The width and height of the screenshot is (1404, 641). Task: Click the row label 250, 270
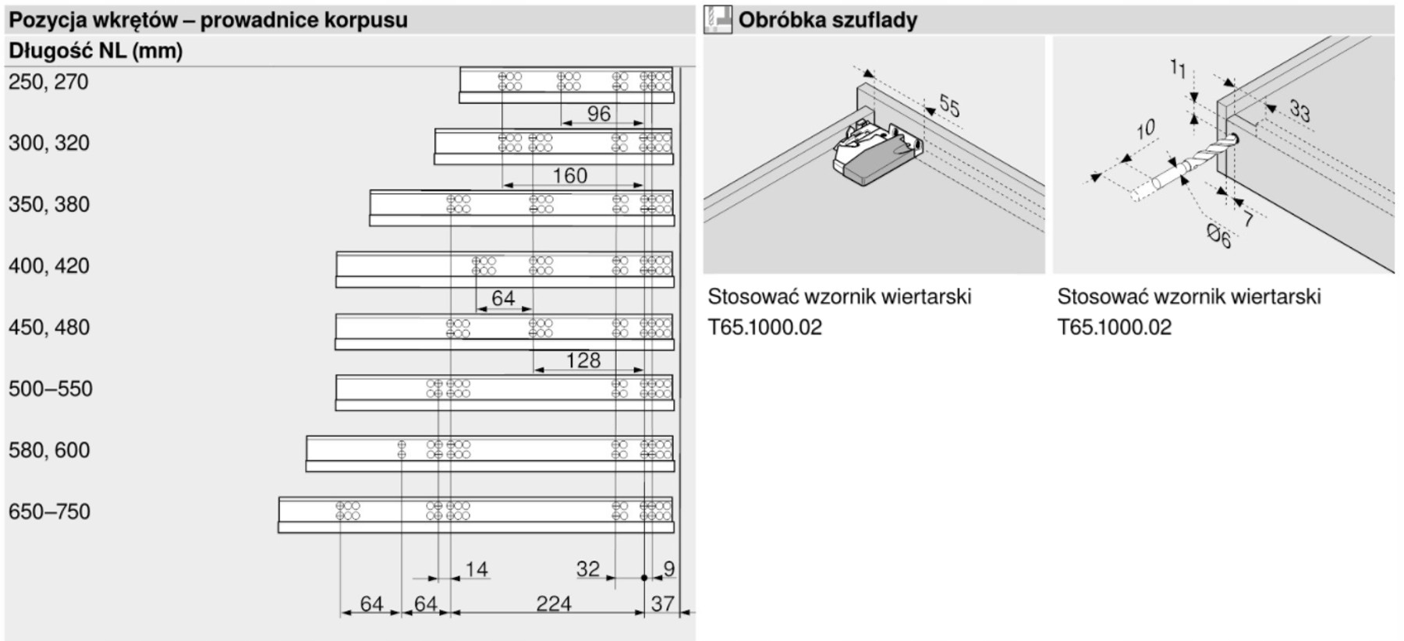[48, 82]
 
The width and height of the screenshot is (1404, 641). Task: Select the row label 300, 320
[49, 143]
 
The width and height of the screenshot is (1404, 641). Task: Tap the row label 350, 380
[49, 204]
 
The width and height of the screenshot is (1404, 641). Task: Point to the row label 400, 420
[49, 266]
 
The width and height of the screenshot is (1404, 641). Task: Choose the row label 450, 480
[49, 327]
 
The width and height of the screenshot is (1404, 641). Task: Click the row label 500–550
[51, 388]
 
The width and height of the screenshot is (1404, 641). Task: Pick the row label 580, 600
[49, 450]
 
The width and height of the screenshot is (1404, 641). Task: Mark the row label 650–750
[50, 512]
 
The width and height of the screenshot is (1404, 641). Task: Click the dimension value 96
[598, 114]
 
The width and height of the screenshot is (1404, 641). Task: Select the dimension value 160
[569, 175]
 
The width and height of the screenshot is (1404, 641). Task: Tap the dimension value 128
[583, 360]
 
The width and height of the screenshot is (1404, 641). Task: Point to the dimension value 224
[553, 604]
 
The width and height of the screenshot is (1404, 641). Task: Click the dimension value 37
[662, 604]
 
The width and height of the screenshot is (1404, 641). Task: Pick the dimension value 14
[476, 569]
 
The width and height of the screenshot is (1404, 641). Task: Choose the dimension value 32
[588, 569]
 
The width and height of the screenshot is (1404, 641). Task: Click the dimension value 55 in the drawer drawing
[948, 105]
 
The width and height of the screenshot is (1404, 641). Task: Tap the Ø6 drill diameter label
[1218, 235]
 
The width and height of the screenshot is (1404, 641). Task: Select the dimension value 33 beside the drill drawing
[1299, 110]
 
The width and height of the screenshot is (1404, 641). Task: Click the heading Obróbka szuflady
[828, 19]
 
